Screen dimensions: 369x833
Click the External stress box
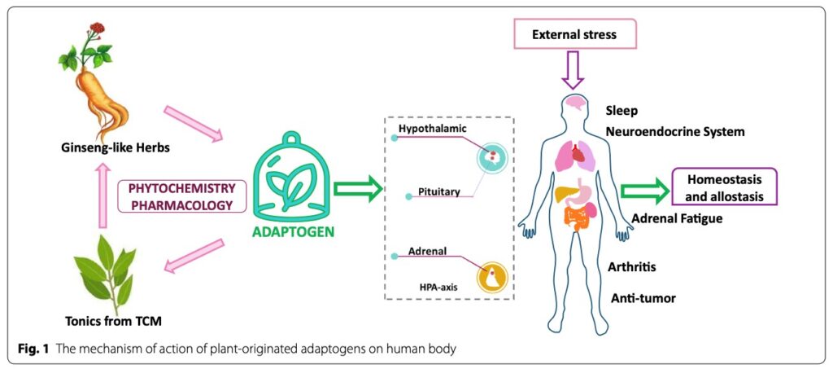tap(574, 35)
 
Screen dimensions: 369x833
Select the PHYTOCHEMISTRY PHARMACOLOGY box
tap(182, 195)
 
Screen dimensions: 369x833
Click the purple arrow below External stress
tap(574, 72)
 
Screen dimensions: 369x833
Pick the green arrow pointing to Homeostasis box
tap(643, 191)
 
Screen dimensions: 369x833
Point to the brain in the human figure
tap(577, 104)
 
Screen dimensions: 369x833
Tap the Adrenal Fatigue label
tap(677, 218)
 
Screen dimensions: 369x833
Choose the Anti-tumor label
tap(643, 298)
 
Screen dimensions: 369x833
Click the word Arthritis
tap(632, 267)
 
